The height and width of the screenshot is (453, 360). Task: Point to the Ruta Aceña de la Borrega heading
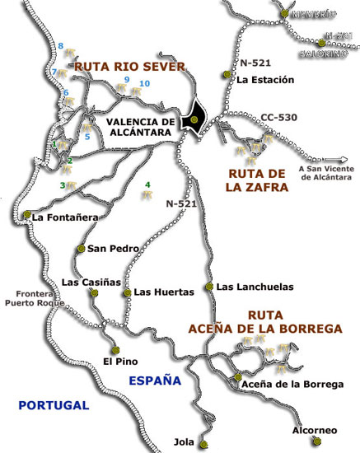pyautogui.click(x=294, y=321)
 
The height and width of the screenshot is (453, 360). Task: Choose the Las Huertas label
pyautogui.click(x=163, y=292)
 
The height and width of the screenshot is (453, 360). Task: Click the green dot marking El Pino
pyautogui.click(x=115, y=348)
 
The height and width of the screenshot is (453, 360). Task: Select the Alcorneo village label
pyautogui.click(x=315, y=430)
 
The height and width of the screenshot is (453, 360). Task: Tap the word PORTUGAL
pyautogui.click(x=54, y=404)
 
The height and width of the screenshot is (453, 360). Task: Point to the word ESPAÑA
pyautogui.click(x=155, y=380)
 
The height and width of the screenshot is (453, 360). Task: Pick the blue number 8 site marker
pyautogui.click(x=61, y=44)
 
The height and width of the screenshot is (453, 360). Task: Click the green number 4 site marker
pyautogui.click(x=147, y=184)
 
